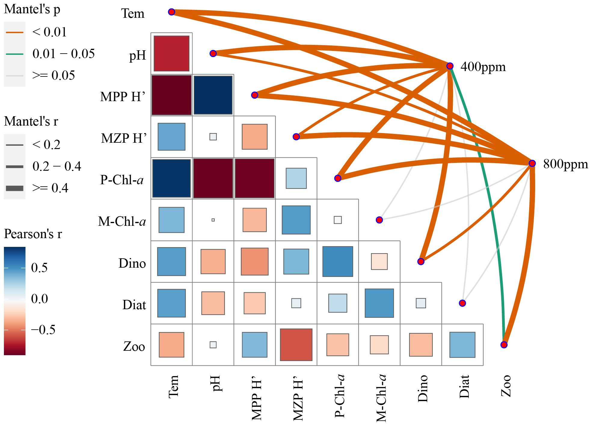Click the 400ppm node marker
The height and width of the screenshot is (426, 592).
tap(450, 66)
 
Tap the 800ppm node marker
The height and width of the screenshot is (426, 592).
tap(532, 163)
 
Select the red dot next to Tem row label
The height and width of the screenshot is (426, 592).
tap(171, 12)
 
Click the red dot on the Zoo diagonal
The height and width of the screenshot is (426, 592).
tap(504, 345)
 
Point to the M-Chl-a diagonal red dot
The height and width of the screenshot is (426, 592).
tap(379, 220)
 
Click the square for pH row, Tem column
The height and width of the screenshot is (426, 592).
tap(171, 54)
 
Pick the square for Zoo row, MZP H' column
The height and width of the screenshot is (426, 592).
tap(296, 345)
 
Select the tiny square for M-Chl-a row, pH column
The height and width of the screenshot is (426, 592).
tap(213, 220)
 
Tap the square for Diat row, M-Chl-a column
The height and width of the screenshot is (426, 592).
tap(379, 303)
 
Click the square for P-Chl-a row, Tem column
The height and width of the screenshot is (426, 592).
tap(171, 178)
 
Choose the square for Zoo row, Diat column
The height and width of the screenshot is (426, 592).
tap(462, 345)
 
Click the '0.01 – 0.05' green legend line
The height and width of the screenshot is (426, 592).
tap(14, 54)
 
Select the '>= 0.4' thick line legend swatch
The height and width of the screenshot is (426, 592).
tap(14, 188)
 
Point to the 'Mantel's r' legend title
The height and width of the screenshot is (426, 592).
tap(31, 121)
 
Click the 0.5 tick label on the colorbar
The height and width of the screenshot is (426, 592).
tap(39, 268)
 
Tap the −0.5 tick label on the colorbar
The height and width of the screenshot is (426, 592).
tap(43, 330)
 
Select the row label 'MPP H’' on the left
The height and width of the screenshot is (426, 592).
tap(123, 97)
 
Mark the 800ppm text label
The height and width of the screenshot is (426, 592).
tap(566, 164)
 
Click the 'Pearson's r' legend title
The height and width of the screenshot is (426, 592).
tap(33, 234)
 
